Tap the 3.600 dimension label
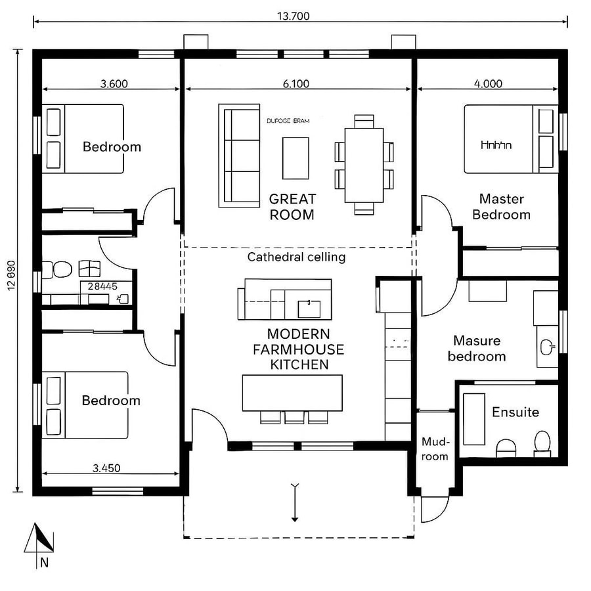[x=114, y=83]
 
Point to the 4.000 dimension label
[x=488, y=83]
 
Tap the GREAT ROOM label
[x=292, y=206]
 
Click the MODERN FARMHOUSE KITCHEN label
[x=299, y=349]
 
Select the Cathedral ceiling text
[x=296, y=257]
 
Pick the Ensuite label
[x=515, y=412]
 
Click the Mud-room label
[x=435, y=449]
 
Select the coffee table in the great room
[x=296, y=158]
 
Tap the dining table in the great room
[x=364, y=165]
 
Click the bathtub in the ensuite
[x=473, y=419]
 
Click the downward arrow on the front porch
[x=295, y=502]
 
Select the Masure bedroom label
[x=477, y=349]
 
